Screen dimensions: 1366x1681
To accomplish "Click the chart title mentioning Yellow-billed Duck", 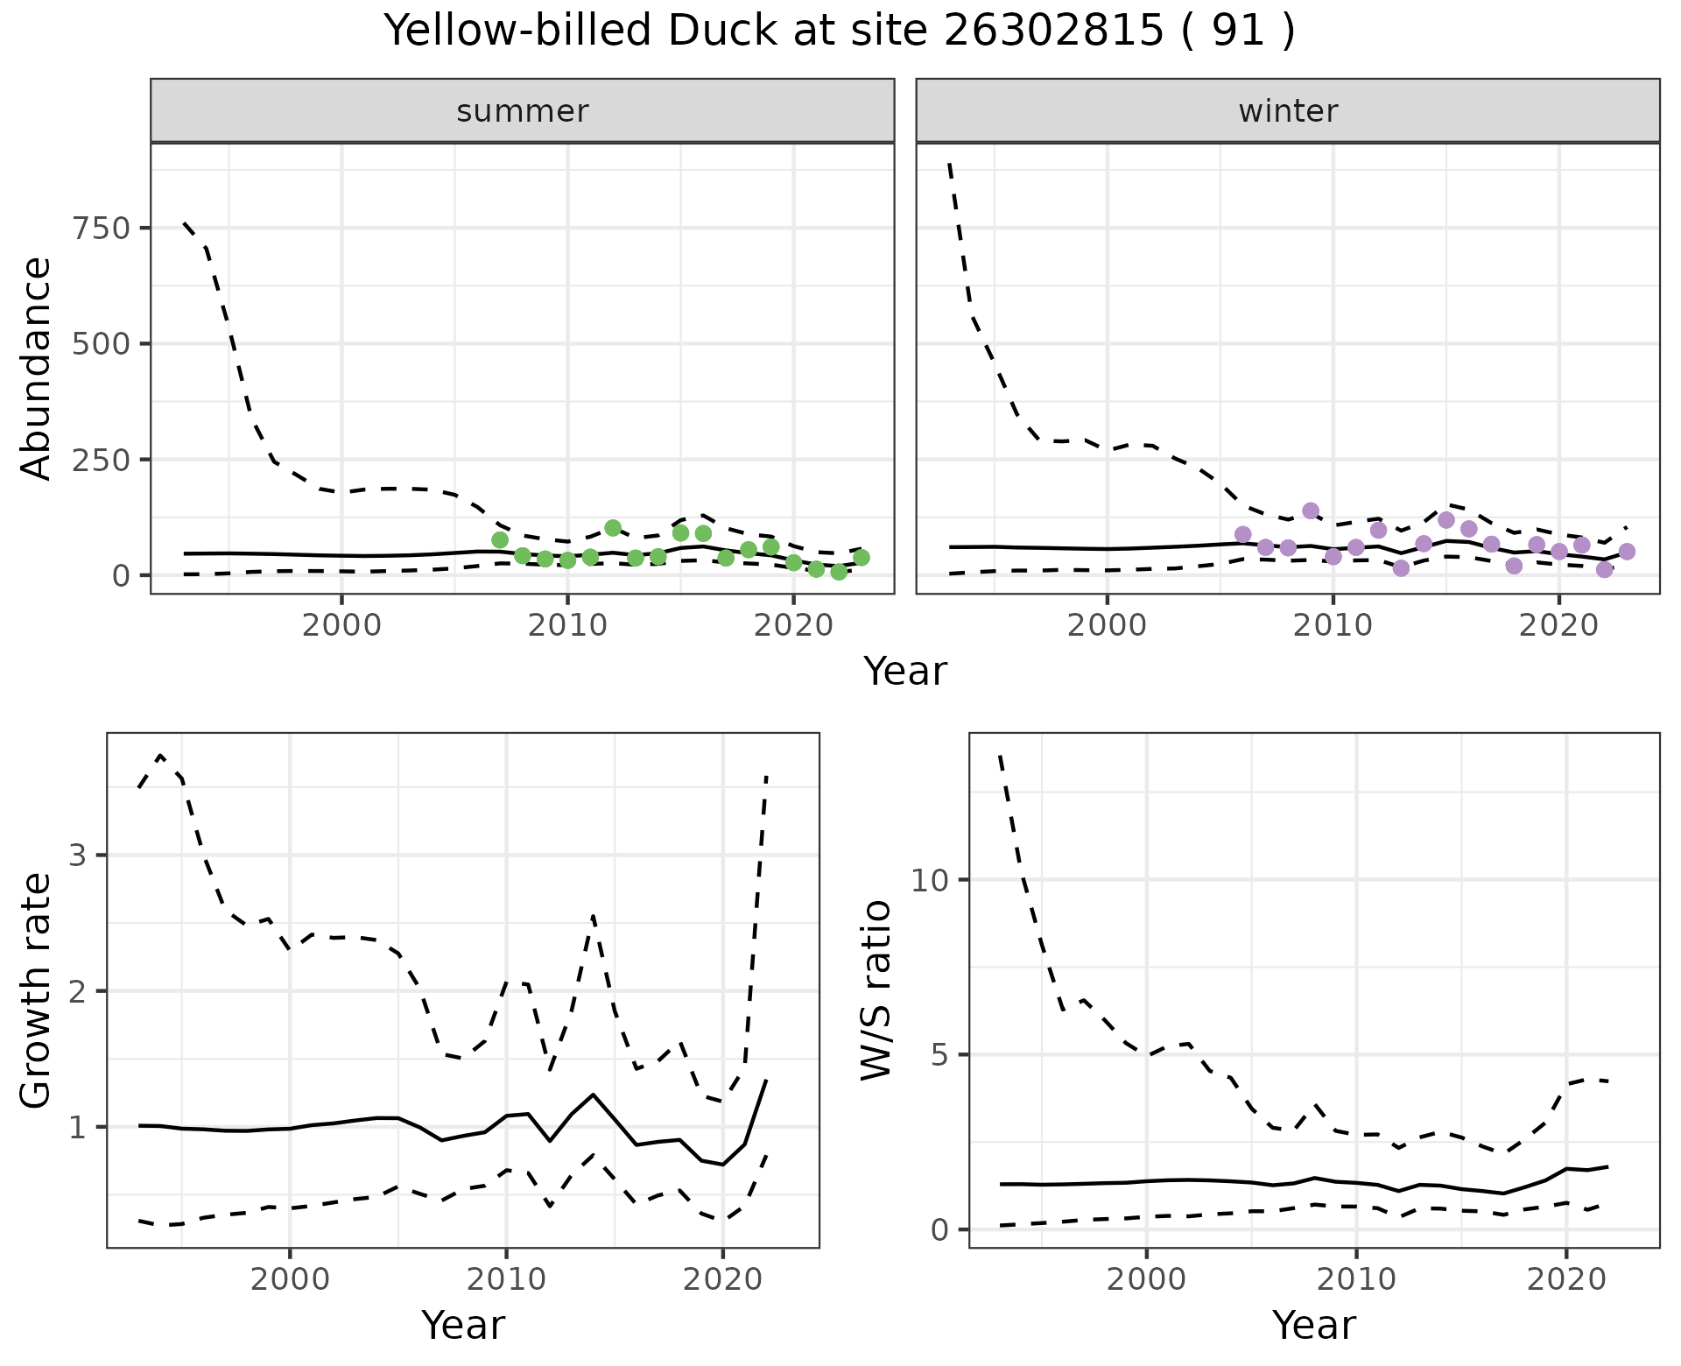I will pyautogui.click(x=839, y=32).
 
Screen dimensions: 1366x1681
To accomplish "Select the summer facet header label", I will pyautogui.click(x=522, y=111).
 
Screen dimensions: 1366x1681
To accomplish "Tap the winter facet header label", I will pyautogui.click(x=1287, y=111).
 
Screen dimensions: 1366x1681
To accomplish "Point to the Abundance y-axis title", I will pyautogui.click(x=37, y=369).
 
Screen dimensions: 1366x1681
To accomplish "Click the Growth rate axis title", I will pyautogui.click(x=37, y=990).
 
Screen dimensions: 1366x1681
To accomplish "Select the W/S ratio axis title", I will pyautogui.click(x=876, y=990).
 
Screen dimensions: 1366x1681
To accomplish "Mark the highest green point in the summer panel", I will pyautogui.click(x=613, y=528).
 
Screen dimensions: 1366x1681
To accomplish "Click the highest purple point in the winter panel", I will pyautogui.click(x=1311, y=510).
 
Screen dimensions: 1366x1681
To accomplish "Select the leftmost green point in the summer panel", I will pyautogui.click(x=500, y=539).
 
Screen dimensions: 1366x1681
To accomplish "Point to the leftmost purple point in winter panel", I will pyautogui.click(x=1243, y=534).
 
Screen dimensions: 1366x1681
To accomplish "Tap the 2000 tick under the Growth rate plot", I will pyautogui.click(x=290, y=1279).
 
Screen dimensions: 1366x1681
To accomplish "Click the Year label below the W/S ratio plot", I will pyautogui.click(x=1313, y=1325).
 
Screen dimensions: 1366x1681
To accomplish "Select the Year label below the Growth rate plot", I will pyautogui.click(x=462, y=1325).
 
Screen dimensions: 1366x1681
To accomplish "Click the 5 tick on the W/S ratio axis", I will pyautogui.click(x=940, y=1054).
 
